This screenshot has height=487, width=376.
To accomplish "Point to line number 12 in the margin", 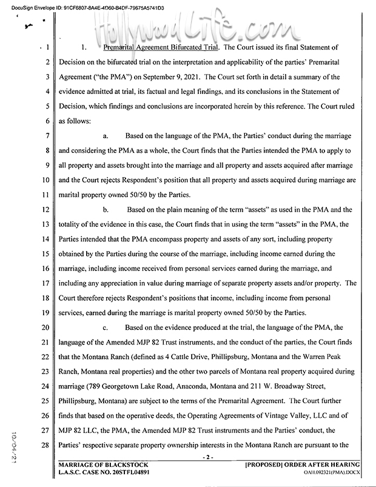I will pos(46,210).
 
